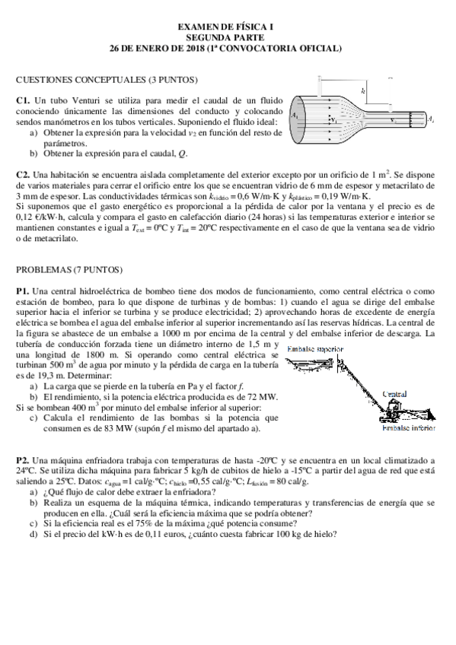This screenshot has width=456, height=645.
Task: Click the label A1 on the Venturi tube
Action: tap(295, 115)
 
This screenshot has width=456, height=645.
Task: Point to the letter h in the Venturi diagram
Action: tap(365, 91)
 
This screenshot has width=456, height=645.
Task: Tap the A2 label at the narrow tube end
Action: tap(431, 119)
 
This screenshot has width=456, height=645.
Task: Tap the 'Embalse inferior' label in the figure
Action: tap(408, 429)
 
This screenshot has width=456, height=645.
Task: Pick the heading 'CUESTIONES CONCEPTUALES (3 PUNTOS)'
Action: tap(107, 79)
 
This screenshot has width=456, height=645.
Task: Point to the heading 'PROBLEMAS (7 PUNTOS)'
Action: tap(69, 270)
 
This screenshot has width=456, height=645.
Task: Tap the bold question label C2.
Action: tap(23, 174)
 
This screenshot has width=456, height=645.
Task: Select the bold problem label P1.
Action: tap(22, 291)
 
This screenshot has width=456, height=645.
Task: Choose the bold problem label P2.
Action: tap(22, 460)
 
